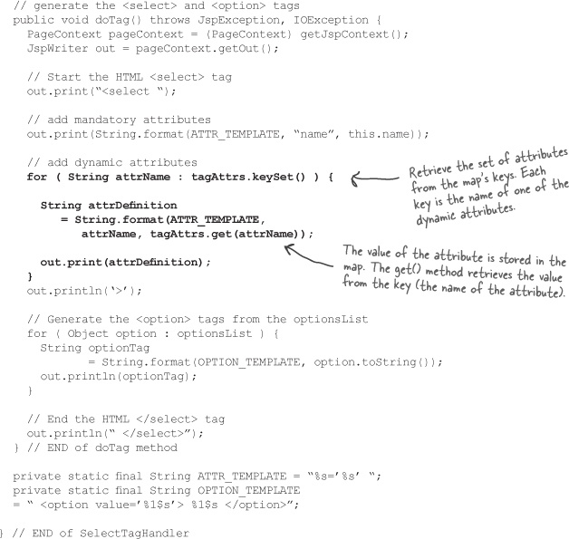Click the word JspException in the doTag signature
pyautogui.click(x=238, y=20)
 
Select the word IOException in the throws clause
pyautogui.click(x=331, y=20)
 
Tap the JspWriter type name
pyautogui.click(x=57, y=49)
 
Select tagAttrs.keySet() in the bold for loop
pyautogui.click(x=248, y=177)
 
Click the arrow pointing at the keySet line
pyautogui.click(x=375, y=178)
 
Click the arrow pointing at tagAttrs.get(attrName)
pyautogui.click(x=308, y=255)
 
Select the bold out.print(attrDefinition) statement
pyautogui.click(x=125, y=262)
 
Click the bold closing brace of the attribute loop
pyautogui.click(x=30, y=277)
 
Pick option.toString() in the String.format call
pyautogui.click(x=374, y=362)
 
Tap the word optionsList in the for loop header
pyautogui.click(x=214, y=333)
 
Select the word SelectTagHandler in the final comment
pyautogui.click(x=134, y=534)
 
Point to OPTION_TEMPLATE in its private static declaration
pyautogui.click(x=248, y=491)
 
